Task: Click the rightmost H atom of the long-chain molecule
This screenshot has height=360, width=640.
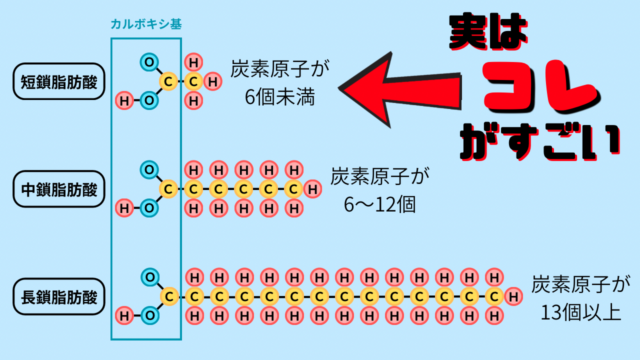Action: tap(513, 296)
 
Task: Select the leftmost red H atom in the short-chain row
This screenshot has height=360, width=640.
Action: tap(125, 100)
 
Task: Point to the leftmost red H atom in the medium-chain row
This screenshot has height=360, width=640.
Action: tap(125, 208)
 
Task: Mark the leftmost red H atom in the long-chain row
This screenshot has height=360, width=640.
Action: tap(125, 315)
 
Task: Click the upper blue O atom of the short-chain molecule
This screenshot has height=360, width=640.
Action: tap(149, 63)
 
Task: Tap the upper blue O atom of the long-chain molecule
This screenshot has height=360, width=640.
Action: tap(149, 276)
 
